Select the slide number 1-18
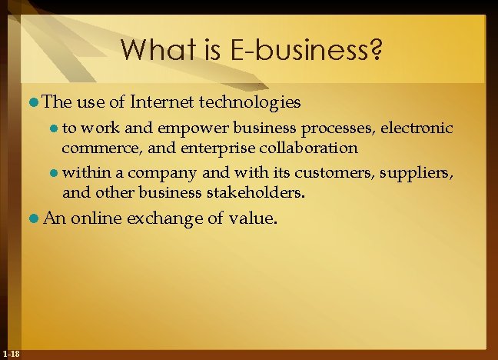(x=11, y=353)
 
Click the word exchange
(x=166, y=219)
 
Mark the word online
(x=96, y=219)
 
